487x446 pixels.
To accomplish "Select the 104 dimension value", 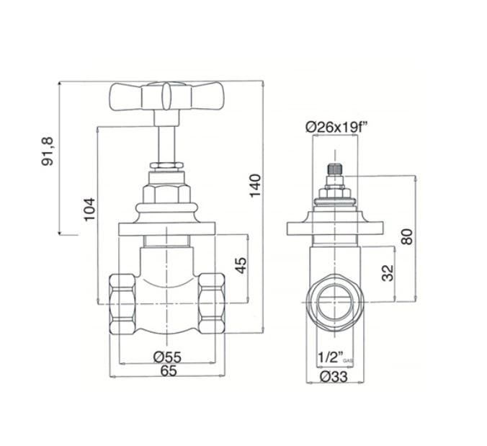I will pyautogui.click(x=89, y=210).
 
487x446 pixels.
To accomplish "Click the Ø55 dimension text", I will pyautogui.click(x=166, y=357).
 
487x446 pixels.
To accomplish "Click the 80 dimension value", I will pyautogui.click(x=408, y=236).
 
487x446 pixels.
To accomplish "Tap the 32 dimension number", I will pyautogui.click(x=388, y=272).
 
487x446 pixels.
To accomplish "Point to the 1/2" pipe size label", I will pyautogui.click(x=329, y=357).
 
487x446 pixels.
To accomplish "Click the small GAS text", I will pyautogui.click(x=347, y=360).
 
